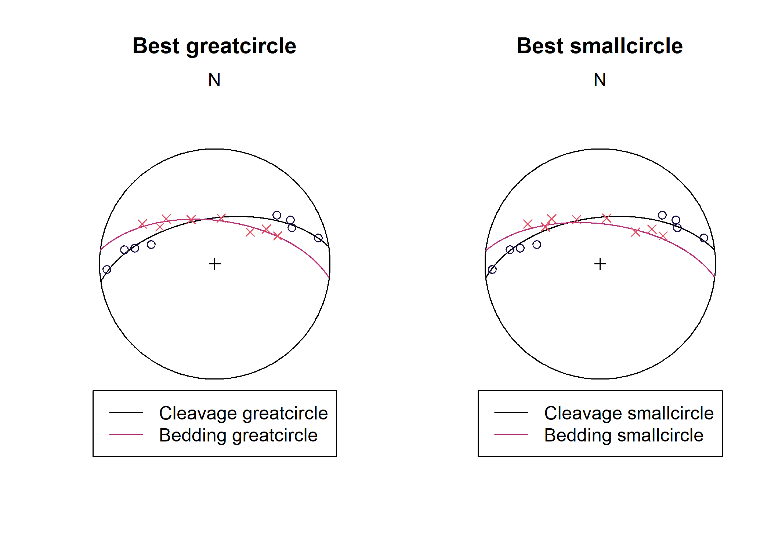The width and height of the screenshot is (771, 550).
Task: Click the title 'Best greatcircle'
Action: [214, 46]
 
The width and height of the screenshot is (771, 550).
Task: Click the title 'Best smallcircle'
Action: [600, 46]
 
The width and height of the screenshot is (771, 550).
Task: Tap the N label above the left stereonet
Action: [214, 80]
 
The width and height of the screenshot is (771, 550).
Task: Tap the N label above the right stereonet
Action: [600, 80]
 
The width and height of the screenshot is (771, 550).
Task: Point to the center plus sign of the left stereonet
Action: [215, 264]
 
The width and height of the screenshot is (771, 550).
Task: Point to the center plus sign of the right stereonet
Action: [600, 264]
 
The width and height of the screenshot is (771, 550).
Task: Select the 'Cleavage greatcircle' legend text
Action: [243, 413]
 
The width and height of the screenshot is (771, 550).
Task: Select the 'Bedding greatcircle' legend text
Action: [238, 435]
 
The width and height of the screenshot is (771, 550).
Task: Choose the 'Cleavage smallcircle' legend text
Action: [629, 413]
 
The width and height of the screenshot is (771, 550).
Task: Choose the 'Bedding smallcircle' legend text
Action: [624, 435]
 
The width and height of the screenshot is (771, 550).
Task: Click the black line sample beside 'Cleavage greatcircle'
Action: [126, 413]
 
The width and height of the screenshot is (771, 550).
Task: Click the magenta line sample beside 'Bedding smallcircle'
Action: [511, 435]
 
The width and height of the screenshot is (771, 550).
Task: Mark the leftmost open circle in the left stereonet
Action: [107, 270]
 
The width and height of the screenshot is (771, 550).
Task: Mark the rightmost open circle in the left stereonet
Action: [318, 238]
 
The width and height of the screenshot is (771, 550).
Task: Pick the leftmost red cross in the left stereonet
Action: [142, 224]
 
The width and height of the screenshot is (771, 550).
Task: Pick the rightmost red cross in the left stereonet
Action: [278, 236]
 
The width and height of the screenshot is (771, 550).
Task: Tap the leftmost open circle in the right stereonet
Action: [492, 270]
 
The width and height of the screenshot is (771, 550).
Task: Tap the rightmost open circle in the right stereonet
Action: [704, 238]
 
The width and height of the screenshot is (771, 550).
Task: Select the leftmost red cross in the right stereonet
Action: [528, 224]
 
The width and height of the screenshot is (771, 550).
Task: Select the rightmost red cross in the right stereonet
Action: [663, 236]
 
